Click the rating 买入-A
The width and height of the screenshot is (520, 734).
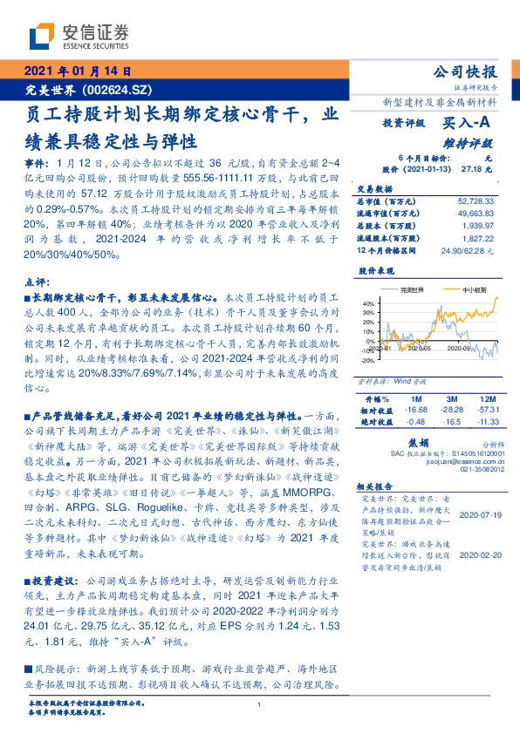[472, 125]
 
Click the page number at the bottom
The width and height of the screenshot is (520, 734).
[260, 705]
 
